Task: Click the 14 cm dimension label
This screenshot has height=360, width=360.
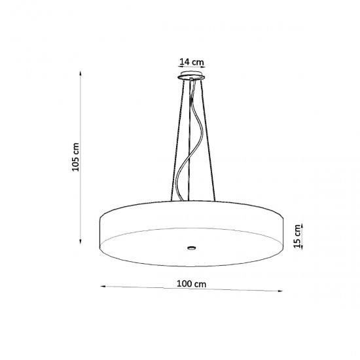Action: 192,62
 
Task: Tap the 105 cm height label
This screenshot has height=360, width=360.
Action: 77,158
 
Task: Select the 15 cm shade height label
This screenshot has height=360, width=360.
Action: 297,237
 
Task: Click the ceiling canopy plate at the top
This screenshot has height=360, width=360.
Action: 191,78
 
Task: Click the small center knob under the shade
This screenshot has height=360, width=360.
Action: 190,247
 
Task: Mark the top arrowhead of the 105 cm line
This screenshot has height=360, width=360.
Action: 81,74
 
